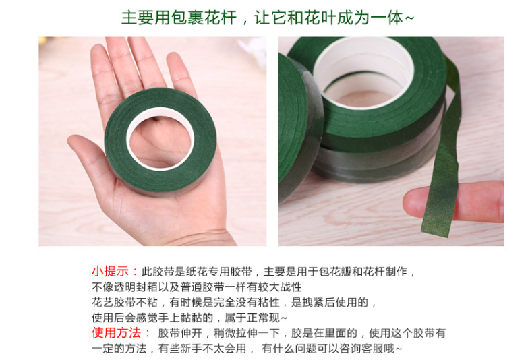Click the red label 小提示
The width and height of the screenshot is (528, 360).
(110, 271)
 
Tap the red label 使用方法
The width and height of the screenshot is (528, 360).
(116, 333)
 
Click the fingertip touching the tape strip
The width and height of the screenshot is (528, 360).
(413, 202)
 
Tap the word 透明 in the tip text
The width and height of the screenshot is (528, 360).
(125, 287)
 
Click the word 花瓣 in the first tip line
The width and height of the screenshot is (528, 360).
(341, 271)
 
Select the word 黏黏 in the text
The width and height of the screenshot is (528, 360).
(191, 318)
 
